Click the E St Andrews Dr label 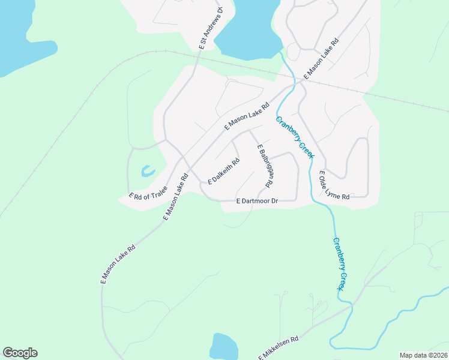point(211,28)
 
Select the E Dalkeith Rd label point(224,171)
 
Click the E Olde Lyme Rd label point(334,184)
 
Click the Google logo point(20,353)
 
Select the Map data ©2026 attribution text point(423,355)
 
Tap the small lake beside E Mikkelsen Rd point(224,347)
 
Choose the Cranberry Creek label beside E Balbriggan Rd point(295,137)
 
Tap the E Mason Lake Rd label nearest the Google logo point(118,264)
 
